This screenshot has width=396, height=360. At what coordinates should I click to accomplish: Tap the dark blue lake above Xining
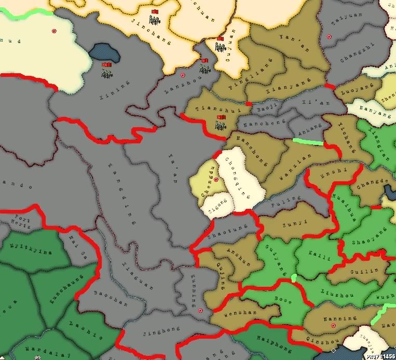(x=103, y=50)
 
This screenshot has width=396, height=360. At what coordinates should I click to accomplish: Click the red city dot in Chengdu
(x=216, y=180)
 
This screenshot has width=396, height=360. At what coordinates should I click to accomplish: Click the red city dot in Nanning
(x=333, y=325)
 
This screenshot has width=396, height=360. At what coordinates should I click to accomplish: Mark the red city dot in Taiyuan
(x=329, y=36)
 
